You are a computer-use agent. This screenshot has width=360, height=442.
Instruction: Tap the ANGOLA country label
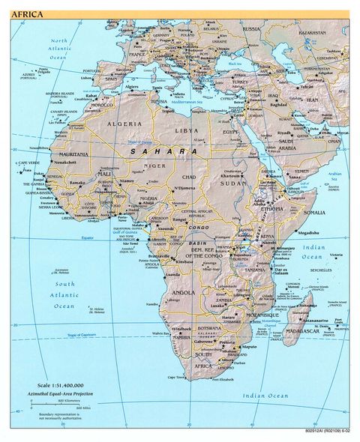point(184,292)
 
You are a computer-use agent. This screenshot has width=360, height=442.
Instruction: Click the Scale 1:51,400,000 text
point(65,386)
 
